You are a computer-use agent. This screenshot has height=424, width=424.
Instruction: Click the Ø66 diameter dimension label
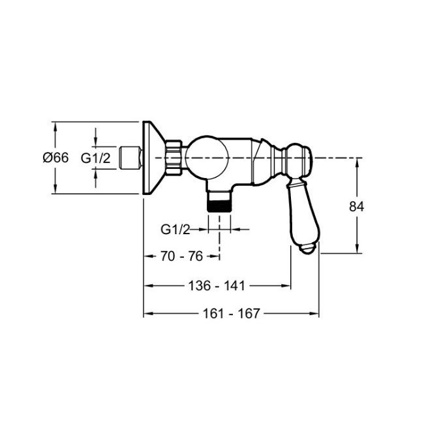point(55,157)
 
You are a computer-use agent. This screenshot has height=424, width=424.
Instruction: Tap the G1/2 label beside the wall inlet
point(96,158)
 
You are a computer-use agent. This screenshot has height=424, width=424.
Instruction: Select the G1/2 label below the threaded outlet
point(175,230)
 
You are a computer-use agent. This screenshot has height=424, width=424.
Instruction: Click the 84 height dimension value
point(357,207)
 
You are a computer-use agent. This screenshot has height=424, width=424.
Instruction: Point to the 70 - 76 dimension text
point(182,256)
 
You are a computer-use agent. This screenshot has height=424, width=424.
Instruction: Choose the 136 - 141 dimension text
point(217,286)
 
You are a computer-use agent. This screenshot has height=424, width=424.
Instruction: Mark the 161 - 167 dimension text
point(231,313)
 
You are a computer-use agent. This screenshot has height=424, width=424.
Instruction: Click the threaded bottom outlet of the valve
point(219,202)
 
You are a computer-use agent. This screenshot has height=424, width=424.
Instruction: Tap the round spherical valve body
point(207,158)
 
